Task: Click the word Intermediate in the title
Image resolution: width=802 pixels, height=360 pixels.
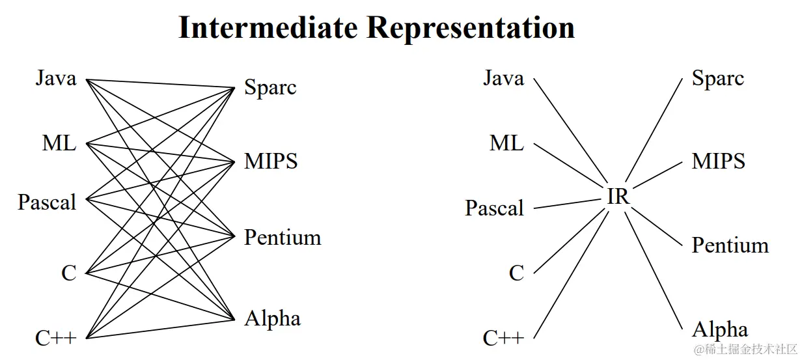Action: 268,29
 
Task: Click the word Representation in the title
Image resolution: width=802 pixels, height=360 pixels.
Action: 470,29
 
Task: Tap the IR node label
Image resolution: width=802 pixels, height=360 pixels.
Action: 618,197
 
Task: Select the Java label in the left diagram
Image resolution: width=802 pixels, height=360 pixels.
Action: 56,79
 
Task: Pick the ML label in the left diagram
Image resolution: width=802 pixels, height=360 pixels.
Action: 59,143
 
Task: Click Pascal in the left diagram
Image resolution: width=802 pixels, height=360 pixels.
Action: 47,202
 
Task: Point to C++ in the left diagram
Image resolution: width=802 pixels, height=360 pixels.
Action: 56,338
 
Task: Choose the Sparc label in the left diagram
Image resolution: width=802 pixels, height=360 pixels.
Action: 270,87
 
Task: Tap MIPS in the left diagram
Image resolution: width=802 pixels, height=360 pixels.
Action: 271,161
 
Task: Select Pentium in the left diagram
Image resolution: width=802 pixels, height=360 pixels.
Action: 283,238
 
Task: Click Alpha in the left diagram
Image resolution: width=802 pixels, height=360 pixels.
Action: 273,318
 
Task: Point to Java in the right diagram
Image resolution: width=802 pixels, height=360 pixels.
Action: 503,79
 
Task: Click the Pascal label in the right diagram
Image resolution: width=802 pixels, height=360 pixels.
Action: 494,208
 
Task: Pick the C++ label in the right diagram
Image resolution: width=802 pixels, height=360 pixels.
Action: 503,338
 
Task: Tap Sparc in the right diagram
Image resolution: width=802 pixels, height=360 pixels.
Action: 717,79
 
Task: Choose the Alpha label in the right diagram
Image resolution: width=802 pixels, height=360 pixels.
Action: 719,329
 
